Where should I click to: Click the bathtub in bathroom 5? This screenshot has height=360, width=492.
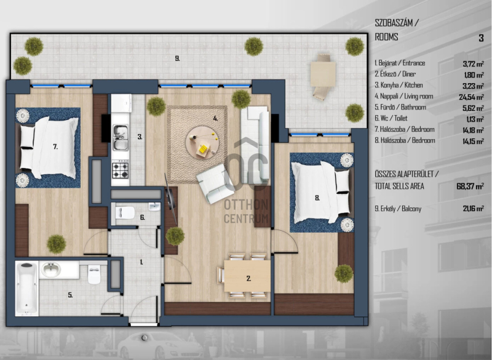[x=27, y=288]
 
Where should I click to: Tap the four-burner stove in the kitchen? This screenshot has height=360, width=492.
[x=121, y=169]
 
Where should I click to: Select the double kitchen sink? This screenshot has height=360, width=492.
[x=121, y=137]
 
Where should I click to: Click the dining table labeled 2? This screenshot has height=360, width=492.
[x=247, y=276]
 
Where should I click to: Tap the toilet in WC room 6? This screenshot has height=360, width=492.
[x=125, y=212]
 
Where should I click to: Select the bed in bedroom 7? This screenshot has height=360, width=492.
[x=49, y=148]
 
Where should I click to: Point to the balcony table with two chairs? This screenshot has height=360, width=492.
[x=323, y=77]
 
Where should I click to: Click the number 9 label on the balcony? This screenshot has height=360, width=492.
[x=177, y=58]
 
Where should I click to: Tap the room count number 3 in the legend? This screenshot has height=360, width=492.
[x=481, y=38]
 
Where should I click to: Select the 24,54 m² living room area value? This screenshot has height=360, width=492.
[x=471, y=97]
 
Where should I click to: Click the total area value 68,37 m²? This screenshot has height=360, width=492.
[x=470, y=186]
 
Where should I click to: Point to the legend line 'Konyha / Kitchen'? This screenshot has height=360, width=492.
[x=399, y=85]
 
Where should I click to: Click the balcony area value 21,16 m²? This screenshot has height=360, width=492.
[x=473, y=209]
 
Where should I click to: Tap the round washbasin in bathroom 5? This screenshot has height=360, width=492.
[x=51, y=270]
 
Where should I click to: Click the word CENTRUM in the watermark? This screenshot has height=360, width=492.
[x=246, y=218]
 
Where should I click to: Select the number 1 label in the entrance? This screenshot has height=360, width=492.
[x=141, y=262]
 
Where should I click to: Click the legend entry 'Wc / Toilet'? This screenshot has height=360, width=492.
[x=391, y=118]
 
